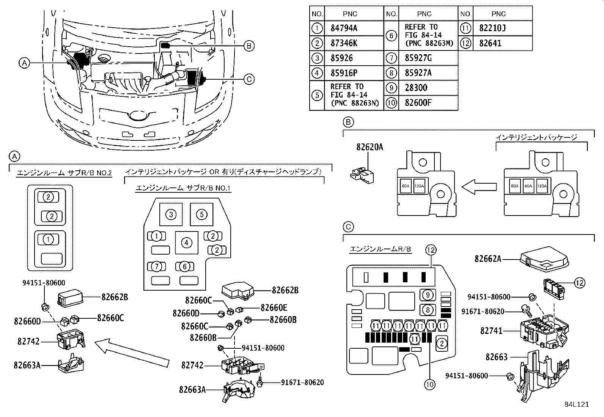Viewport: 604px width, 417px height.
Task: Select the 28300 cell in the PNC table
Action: pos(416,88)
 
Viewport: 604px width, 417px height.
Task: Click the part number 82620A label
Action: pos(369,147)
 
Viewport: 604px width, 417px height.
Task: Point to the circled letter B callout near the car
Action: pos(249,46)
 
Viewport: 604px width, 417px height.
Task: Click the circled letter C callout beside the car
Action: pos(249,79)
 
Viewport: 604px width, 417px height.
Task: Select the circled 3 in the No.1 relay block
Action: pos(171,214)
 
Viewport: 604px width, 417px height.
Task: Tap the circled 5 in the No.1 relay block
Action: pos(201,214)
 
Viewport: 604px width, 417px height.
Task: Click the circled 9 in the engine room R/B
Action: pos(428,294)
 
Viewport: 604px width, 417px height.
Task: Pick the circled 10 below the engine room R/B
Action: pos(429,384)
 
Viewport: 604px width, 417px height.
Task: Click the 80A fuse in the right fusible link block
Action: pos(514,186)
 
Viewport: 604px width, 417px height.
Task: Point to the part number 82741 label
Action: pos(491,331)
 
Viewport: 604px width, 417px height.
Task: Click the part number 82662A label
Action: pos(488,259)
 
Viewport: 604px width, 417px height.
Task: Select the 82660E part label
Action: pos(274,308)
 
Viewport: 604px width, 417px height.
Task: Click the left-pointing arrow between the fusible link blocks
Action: pos(478,187)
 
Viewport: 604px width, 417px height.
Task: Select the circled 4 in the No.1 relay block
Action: pos(186,242)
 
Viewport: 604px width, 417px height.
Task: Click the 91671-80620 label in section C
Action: pos(483,312)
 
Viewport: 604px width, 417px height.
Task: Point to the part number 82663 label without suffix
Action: pos(497,357)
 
